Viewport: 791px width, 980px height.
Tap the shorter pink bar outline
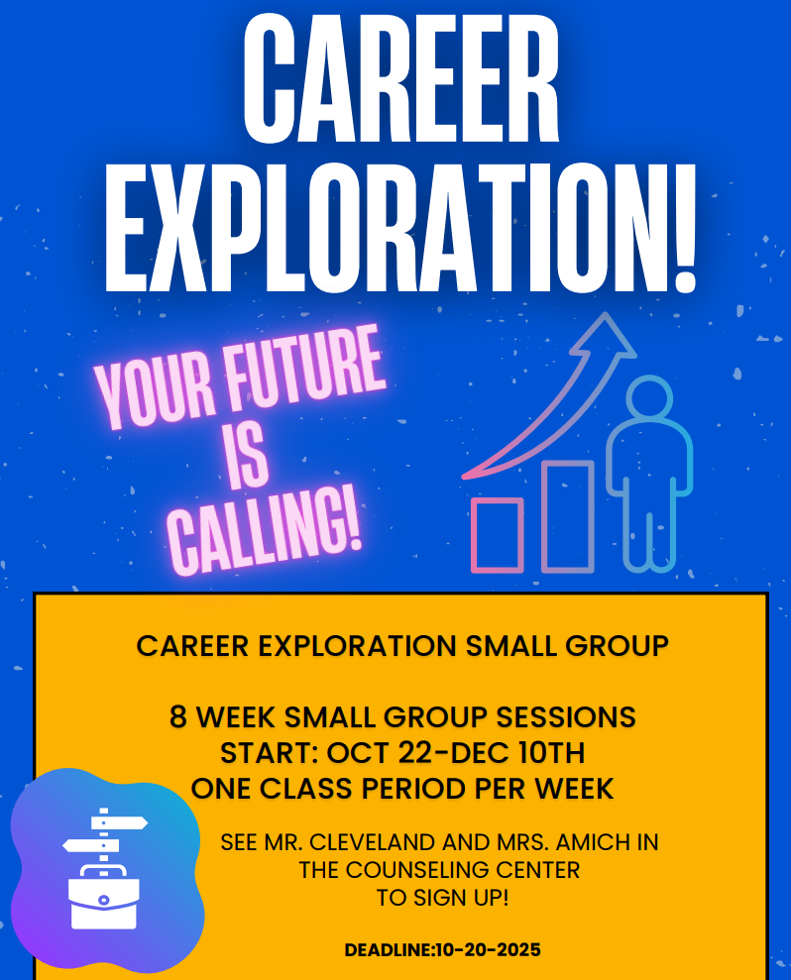point(498,535)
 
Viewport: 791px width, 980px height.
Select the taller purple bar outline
point(568,516)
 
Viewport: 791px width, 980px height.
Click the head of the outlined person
point(650,398)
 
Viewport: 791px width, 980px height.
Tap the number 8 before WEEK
point(179,716)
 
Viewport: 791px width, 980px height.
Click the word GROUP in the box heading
point(618,645)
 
